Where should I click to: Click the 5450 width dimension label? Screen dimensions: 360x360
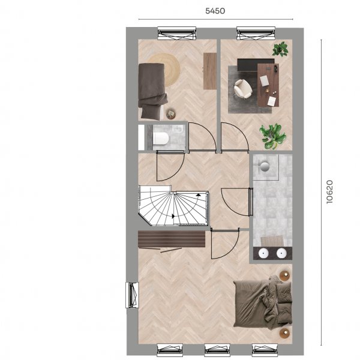[215, 11]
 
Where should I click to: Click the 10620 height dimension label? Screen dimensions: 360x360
[329, 192]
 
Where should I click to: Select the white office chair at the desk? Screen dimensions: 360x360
[242, 89]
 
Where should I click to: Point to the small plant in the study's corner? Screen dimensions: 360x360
[280, 49]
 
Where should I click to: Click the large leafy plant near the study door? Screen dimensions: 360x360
[273, 136]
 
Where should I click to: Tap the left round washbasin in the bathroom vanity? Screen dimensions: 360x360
[263, 253]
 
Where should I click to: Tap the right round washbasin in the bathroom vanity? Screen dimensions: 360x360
[281, 253]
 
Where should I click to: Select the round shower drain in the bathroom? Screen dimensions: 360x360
[265, 166]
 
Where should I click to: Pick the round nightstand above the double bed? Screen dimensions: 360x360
[284, 275]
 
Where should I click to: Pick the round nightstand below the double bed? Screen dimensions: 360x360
[284, 333]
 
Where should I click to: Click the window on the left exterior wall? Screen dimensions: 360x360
[132, 295]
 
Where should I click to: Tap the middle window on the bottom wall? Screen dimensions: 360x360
[217, 350]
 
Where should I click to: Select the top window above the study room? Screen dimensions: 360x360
[256, 33]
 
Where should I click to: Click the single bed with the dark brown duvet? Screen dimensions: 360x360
[152, 91]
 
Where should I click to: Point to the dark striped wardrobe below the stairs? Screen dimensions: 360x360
[172, 239]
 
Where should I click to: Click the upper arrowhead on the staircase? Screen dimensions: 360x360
[199, 194]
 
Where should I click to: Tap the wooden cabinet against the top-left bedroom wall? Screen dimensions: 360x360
[210, 71]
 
